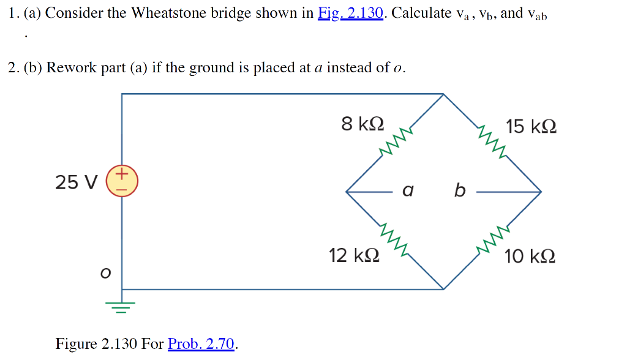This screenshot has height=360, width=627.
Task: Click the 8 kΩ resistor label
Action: coord(362,124)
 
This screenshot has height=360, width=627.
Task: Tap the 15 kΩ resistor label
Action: coord(531,127)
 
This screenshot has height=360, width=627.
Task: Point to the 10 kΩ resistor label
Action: coord(530,256)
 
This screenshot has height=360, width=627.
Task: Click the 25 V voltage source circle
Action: coord(122,181)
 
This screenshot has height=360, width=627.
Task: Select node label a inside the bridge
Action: coord(408,191)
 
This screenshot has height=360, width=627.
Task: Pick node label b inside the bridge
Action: coord(459,191)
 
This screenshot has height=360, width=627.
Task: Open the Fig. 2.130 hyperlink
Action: coord(351,13)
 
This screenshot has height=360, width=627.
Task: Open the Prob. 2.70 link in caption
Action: coord(201,343)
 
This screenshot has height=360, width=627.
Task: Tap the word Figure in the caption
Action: coord(76,343)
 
